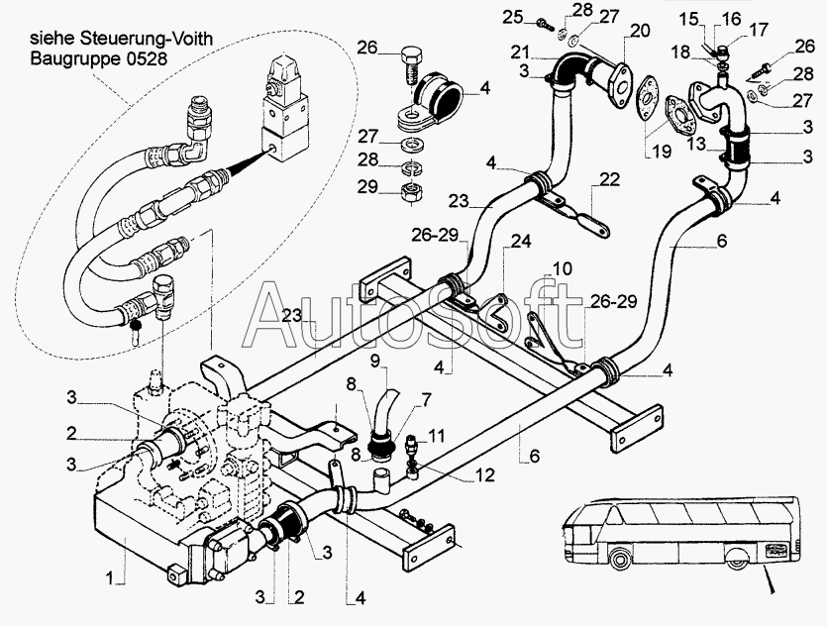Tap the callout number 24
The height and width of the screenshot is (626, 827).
521,240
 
